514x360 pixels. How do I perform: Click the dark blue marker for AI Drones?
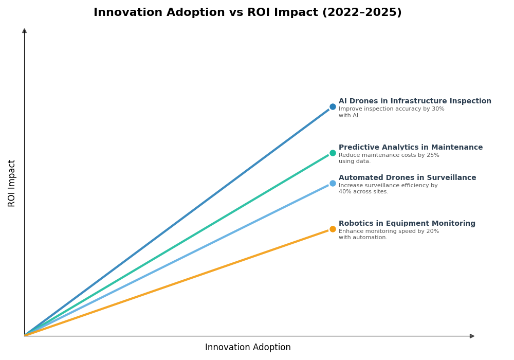tap(333, 107)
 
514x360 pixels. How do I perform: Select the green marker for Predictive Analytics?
tap(333, 153)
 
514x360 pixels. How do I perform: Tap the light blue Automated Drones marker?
tap(333, 183)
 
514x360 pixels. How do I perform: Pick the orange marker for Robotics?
tap(333, 229)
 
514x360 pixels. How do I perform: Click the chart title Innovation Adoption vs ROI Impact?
tap(247, 13)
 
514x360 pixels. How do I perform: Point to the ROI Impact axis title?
tap(12, 183)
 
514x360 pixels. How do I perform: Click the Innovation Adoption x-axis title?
tap(248, 348)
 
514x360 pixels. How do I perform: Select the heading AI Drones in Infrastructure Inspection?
tap(415, 101)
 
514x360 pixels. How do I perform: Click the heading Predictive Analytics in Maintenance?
tap(411, 148)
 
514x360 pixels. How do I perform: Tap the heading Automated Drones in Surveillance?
tap(407, 178)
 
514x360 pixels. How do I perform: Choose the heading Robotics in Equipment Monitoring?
tap(407, 224)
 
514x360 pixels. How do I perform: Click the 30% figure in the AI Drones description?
tap(438, 109)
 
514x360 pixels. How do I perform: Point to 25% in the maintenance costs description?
tap(433, 155)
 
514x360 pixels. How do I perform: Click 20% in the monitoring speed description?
tap(432, 231)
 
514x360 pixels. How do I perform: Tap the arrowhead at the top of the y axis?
tap(24, 31)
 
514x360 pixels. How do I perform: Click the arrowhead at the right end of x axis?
tap(472, 336)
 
